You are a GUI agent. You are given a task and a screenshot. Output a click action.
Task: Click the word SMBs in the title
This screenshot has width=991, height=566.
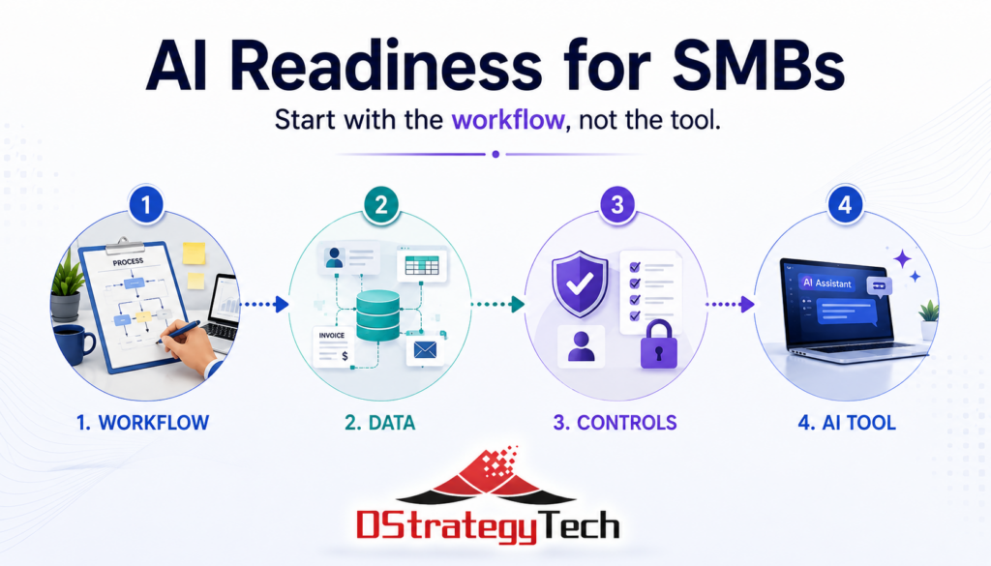(x=759, y=66)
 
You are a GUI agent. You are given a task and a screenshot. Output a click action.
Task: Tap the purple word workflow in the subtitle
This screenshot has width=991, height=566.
(x=507, y=119)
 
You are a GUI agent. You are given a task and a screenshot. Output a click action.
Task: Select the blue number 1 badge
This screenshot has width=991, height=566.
(x=146, y=205)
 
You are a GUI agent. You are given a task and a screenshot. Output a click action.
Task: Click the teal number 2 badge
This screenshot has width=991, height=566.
(x=381, y=205)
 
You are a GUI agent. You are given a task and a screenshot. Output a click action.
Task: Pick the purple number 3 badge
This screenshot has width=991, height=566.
(x=616, y=205)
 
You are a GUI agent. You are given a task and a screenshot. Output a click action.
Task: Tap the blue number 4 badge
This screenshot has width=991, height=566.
(x=845, y=205)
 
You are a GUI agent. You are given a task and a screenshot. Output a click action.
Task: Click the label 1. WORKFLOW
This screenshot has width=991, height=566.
(x=143, y=423)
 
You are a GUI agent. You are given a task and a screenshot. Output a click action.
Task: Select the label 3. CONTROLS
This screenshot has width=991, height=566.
(x=615, y=423)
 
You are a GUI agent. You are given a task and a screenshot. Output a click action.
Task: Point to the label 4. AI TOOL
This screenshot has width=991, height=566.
(x=847, y=423)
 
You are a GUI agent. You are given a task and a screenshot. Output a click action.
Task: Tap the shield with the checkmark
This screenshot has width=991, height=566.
(x=580, y=283)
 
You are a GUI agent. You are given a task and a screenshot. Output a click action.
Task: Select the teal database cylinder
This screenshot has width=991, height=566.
(x=378, y=315)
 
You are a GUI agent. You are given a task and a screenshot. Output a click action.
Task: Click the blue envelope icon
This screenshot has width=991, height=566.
(x=426, y=349)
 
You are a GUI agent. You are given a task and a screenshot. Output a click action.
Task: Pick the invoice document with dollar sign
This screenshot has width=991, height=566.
(x=333, y=346)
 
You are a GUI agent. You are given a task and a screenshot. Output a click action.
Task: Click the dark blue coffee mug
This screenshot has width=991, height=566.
(x=74, y=344)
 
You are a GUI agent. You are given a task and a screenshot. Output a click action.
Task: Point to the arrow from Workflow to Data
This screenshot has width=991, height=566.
(x=265, y=305)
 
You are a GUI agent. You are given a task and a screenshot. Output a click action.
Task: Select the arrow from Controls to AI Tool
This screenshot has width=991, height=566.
(x=730, y=305)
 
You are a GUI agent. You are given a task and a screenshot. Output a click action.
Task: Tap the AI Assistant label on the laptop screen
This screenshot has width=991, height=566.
(x=827, y=283)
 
